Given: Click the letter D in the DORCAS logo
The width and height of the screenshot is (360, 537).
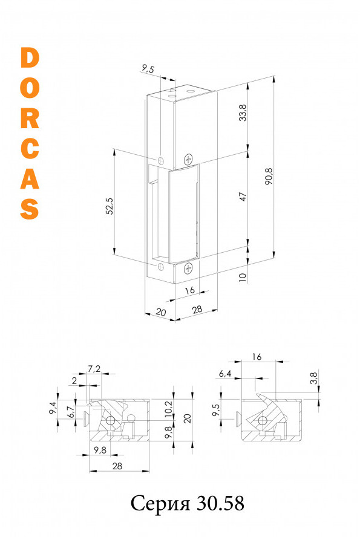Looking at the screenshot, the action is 30,57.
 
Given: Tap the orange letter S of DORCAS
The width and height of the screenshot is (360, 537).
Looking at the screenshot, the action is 30,209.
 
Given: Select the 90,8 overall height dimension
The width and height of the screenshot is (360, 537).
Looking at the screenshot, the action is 269,176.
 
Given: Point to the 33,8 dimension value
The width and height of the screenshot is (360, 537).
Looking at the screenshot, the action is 243,112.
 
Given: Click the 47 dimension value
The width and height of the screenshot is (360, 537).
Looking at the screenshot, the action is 243,197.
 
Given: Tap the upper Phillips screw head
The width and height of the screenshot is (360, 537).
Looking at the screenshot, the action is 188,159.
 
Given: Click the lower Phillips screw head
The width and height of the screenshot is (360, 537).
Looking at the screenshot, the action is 188,268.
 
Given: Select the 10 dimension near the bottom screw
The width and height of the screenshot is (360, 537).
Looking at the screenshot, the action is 243,277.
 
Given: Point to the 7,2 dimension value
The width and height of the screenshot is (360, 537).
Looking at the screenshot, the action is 94,369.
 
